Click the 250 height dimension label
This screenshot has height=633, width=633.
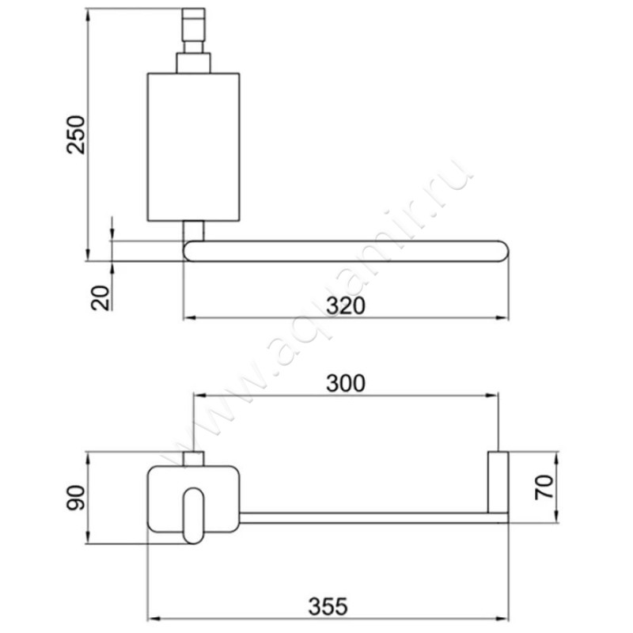pos(76,134)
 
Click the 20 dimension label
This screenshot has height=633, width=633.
pos(100,298)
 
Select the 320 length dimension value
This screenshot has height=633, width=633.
pos(346,305)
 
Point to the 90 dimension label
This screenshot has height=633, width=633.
pos(75,498)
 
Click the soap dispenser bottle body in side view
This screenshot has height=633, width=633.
pos(194,147)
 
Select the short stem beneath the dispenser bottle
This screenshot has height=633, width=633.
pos(194,230)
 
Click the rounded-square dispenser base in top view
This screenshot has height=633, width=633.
pos(166,498)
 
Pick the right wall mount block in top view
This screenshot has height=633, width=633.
pos(498,482)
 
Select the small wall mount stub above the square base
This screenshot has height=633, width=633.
pos(195,458)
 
